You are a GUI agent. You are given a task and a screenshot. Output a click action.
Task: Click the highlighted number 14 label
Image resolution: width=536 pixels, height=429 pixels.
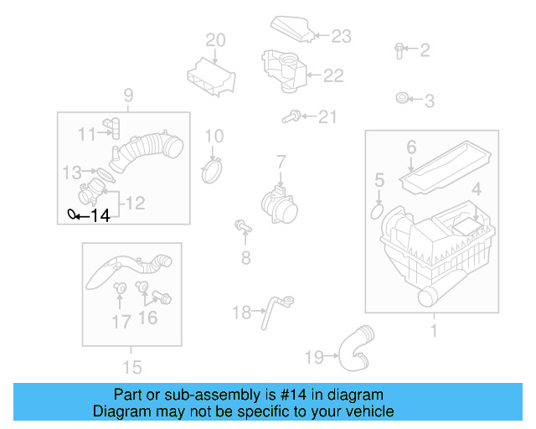point(100,216)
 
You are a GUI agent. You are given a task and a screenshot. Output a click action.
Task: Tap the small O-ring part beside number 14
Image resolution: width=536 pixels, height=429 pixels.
point(72,214)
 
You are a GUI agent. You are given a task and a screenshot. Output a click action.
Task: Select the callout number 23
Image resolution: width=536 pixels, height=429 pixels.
point(342,36)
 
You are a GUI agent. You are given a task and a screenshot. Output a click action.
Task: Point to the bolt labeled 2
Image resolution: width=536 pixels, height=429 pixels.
point(399,49)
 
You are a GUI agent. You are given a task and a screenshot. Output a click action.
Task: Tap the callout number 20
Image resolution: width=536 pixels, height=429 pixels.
point(215,39)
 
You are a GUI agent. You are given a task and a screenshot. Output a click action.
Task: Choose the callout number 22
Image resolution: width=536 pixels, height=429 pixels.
point(333,75)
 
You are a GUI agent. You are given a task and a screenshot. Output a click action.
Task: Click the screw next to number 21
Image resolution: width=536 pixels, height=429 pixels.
point(293,117)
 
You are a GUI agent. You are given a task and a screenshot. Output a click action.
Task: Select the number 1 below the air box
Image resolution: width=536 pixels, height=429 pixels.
point(433,332)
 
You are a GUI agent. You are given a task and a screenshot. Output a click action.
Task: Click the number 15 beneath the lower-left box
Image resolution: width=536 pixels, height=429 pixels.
point(131,366)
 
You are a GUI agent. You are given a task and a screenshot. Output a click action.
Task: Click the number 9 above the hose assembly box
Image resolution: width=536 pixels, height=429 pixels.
point(129,94)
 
